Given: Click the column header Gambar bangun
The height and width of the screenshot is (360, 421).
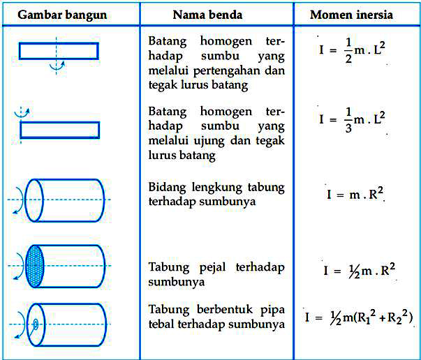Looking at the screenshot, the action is tap(57, 15).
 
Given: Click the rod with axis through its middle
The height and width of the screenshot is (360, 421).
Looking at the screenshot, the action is tap(59, 50).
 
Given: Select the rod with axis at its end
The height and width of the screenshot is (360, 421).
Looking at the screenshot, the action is tap(60, 130).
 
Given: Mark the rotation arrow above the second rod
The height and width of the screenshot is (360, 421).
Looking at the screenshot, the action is tap(23, 111).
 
